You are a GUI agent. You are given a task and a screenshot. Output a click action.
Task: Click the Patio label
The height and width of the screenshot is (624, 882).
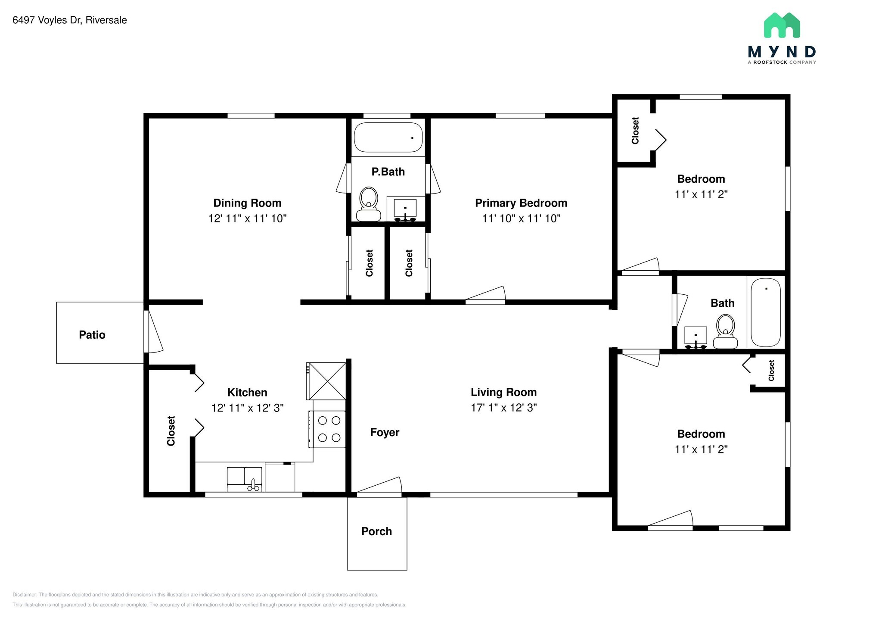(x=92, y=335)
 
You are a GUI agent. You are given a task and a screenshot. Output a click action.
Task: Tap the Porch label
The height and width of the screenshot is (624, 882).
(x=377, y=531)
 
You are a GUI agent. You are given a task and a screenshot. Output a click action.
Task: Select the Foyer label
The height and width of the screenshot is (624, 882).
(x=385, y=432)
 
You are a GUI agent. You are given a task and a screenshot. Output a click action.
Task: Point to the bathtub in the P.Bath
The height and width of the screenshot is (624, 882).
(x=388, y=137)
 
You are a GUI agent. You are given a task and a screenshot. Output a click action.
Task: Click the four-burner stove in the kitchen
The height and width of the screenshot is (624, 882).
(x=327, y=429)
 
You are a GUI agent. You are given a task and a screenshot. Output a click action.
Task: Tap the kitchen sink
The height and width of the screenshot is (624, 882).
(x=244, y=479)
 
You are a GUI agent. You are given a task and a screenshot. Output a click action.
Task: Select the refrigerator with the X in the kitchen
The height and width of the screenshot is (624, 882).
(x=326, y=381)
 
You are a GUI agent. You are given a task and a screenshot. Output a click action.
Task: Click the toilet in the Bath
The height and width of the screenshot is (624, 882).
(x=725, y=331)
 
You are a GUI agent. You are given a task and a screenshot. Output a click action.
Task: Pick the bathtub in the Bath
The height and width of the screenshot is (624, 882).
(x=766, y=312)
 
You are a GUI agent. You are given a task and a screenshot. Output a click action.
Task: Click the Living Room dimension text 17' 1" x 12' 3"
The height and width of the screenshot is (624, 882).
(x=504, y=408)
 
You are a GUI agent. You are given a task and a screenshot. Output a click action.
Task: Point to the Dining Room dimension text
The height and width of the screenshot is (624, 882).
(x=248, y=218)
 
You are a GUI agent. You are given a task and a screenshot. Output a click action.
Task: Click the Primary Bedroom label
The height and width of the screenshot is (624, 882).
(x=521, y=203)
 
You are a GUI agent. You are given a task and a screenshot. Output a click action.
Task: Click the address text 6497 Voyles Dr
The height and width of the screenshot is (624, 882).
(x=47, y=20)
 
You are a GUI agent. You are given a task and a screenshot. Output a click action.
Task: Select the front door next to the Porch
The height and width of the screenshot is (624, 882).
(x=379, y=487)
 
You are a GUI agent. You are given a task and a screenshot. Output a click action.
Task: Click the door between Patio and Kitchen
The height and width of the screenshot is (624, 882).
(x=153, y=331)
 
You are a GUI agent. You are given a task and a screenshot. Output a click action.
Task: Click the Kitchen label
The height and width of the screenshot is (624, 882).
(x=247, y=393)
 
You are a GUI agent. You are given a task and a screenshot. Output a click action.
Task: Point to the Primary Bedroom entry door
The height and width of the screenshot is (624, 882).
(x=485, y=295)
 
